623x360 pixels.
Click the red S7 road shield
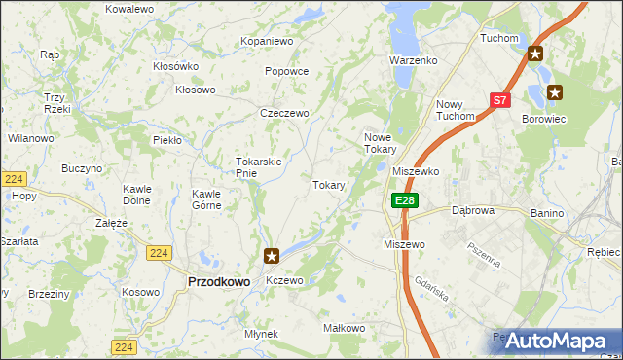tap(499, 100)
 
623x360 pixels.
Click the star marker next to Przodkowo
tap(272, 257)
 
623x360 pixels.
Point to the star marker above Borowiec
tap(555, 92)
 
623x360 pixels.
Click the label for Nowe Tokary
tap(380, 143)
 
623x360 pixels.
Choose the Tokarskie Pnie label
tap(259, 167)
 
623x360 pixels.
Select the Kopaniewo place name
tap(267, 42)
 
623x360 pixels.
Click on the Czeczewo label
tap(284, 114)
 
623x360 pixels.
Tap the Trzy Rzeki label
tap(55, 103)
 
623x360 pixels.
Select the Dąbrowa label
tap(474, 210)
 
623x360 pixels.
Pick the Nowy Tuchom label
tap(455, 111)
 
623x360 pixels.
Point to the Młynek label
tap(262, 334)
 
